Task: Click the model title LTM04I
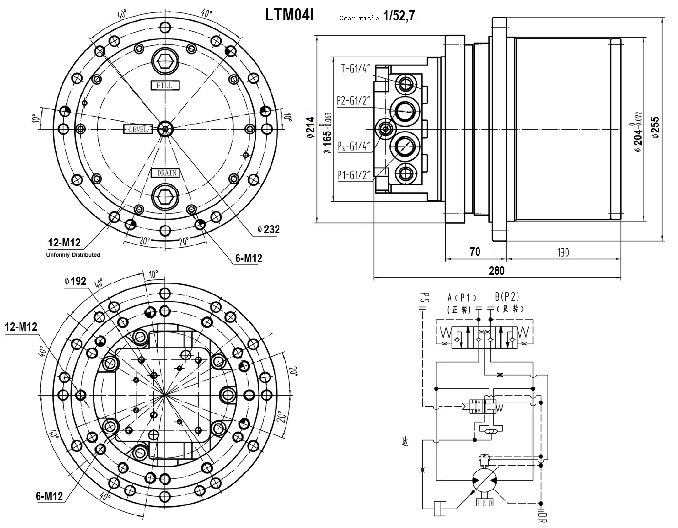pyautogui.click(x=289, y=15)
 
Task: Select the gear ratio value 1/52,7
pyautogui.click(x=399, y=16)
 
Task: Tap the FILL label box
pyautogui.click(x=165, y=85)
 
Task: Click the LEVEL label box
pyautogui.click(x=139, y=129)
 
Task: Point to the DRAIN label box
pyautogui.click(x=165, y=173)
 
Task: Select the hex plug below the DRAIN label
pyautogui.click(x=165, y=197)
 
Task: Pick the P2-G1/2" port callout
pyautogui.click(x=354, y=101)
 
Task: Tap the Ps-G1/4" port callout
pyautogui.click(x=354, y=145)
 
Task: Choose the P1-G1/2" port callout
pyautogui.click(x=354, y=175)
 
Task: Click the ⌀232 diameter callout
pyautogui.click(x=269, y=229)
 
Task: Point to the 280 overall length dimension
pyautogui.click(x=497, y=270)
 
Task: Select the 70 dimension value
pyautogui.click(x=475, y=252)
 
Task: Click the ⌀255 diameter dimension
pyautogui.click(x=655, y=128)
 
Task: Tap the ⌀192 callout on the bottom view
pyautogui.click(x=75, y=281)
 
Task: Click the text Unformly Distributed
pyautogui.click(x=73, y=255)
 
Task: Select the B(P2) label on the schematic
pyautogui.click(x=507, y=297)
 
